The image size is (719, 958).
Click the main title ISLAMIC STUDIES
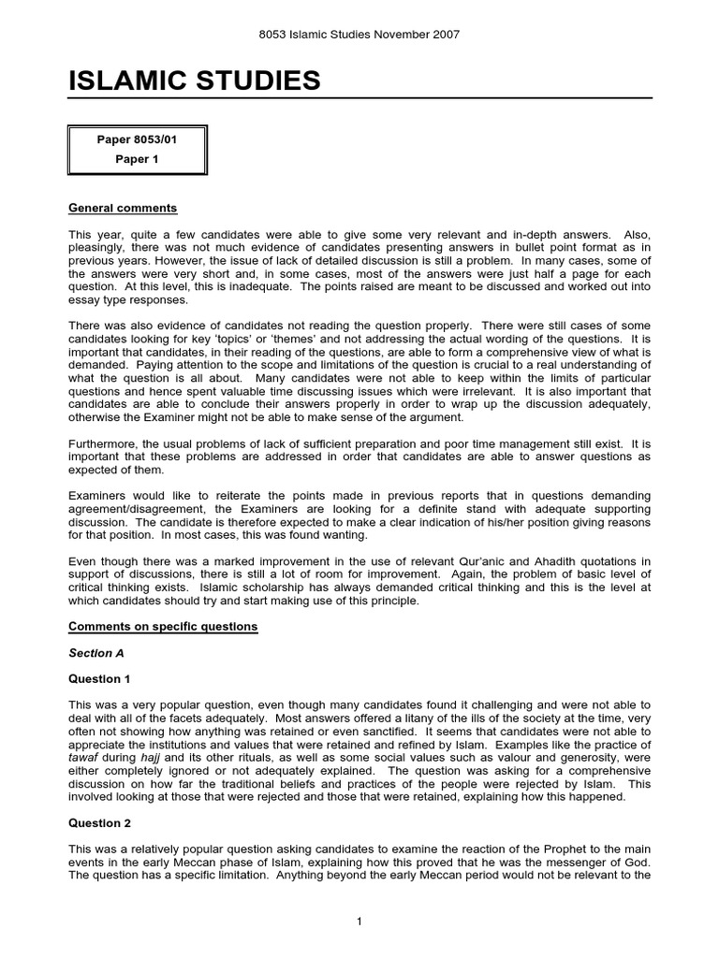[x=195, y=81]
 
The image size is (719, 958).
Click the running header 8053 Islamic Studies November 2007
[x=359, y=35]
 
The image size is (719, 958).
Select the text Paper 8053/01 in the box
[x=137, y=139]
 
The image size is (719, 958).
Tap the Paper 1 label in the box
[x=137, y=159]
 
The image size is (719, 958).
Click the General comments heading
[x=123, y=208]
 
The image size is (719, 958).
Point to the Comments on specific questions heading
[x=163, y=626]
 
